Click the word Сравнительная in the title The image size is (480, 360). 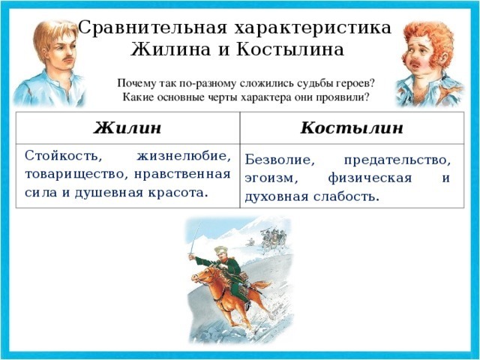click(153, 28)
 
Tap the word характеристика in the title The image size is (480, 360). click(313, 28)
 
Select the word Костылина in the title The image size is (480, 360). click(290, 49)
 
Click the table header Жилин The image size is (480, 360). click(127, 127)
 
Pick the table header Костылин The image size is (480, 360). click(352, 127)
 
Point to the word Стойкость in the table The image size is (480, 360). click(63, 156)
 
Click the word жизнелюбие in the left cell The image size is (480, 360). click(184, 157)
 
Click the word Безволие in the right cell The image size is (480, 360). click(280, 160)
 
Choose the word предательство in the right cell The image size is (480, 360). click(397, 160)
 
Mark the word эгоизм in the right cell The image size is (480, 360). click(271, 178)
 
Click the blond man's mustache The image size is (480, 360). click(68, 58)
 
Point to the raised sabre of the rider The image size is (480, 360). click(196, 238)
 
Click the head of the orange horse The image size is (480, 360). click(200, 275)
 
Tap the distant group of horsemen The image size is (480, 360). click(271, 237)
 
